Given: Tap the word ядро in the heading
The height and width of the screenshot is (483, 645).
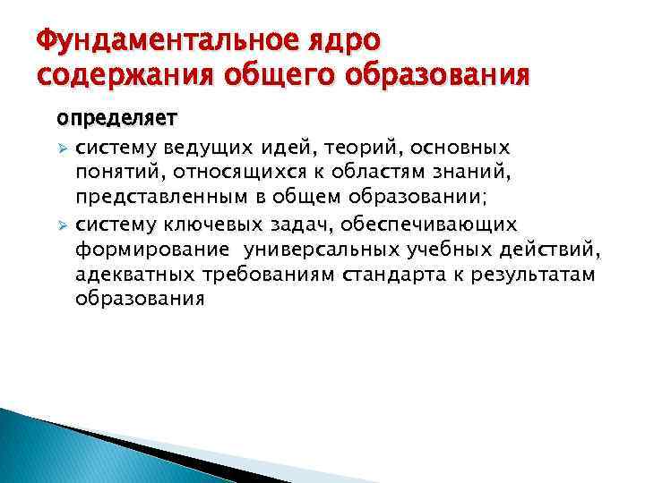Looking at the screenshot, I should (347, 41).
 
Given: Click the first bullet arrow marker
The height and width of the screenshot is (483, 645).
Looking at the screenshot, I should (62, 147).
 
